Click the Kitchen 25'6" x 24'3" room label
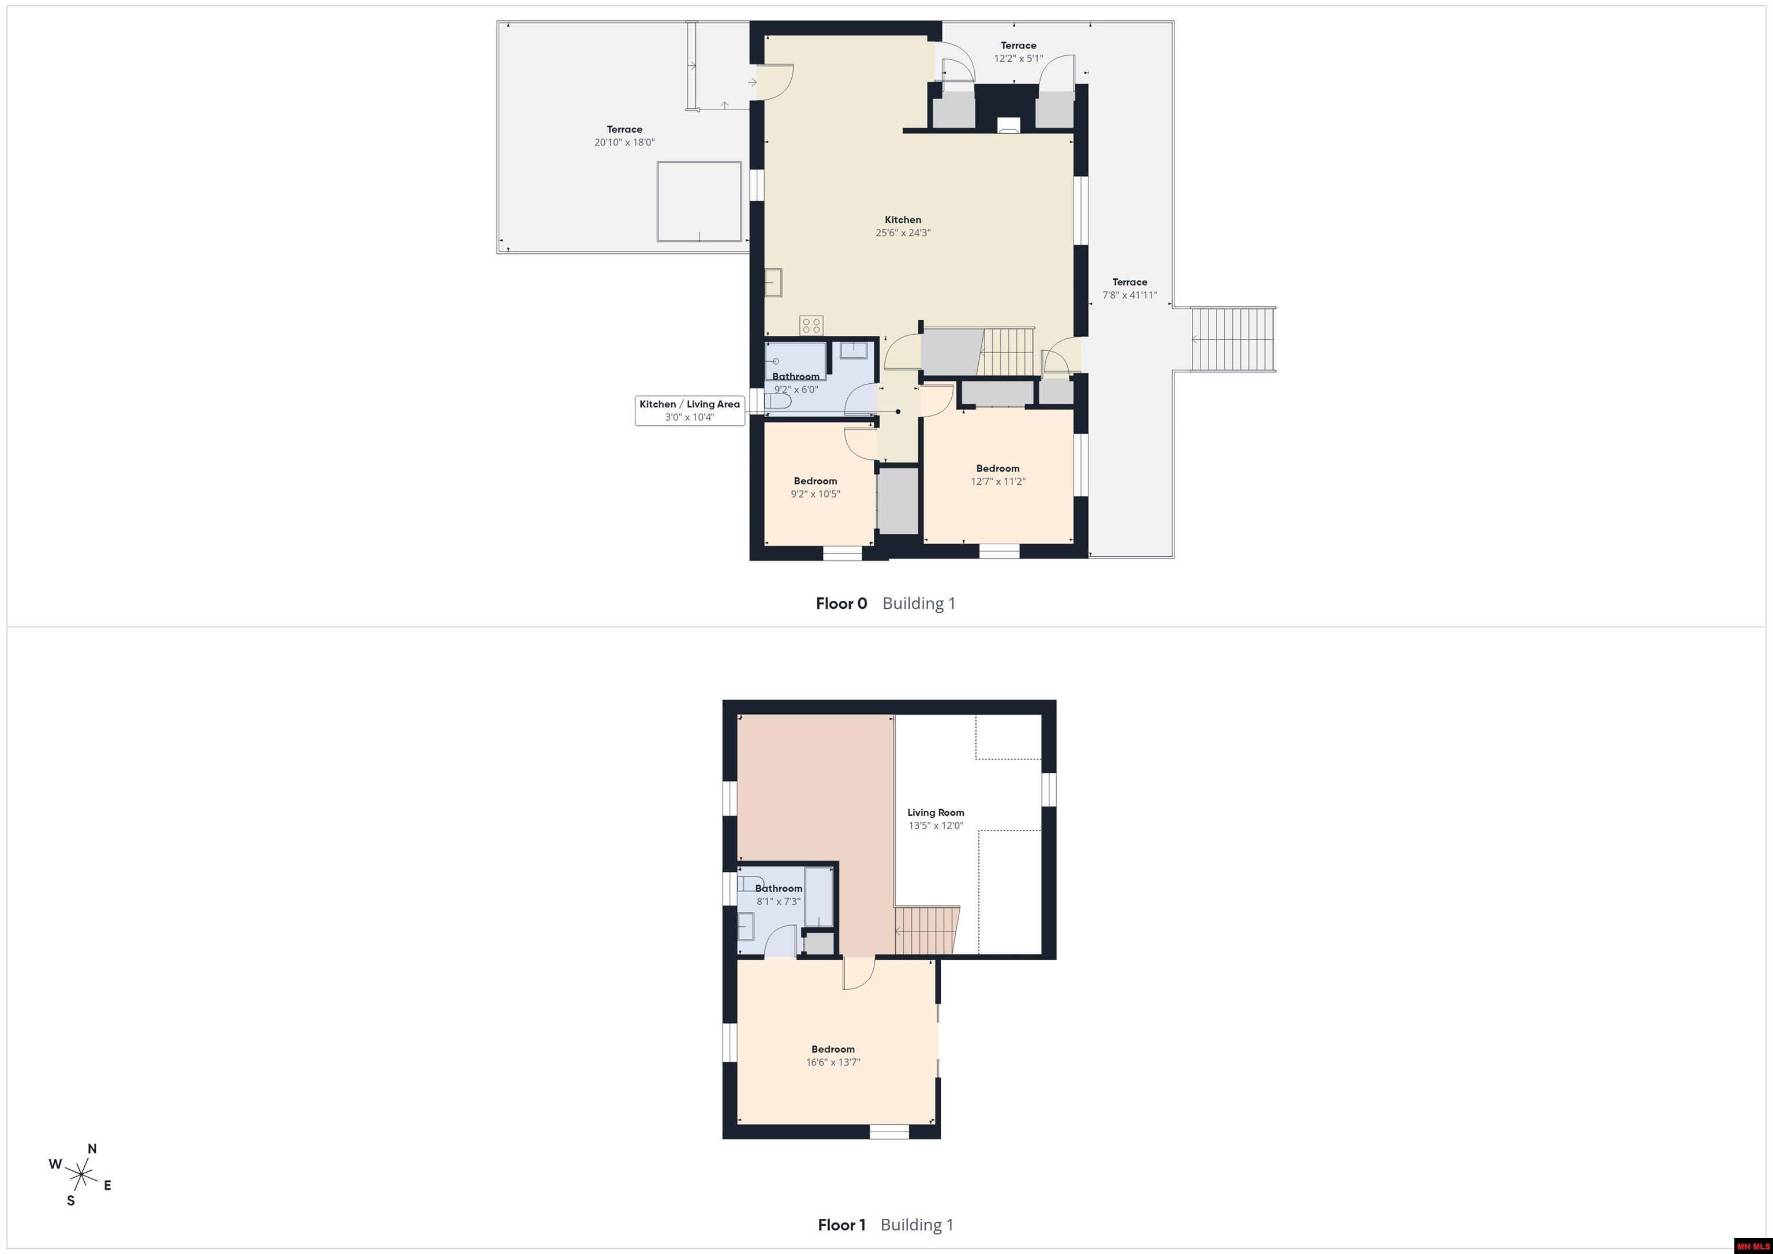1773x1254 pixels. pos(903,226)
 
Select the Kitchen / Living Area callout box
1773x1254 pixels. pos(690,410)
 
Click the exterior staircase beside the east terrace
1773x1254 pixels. pos(1232,340)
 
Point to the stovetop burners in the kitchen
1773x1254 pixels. pos(811,325)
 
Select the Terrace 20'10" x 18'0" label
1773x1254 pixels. pos(624,136)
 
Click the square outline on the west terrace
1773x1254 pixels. pos(700,201)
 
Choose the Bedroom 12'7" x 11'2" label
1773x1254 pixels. pos(998,475)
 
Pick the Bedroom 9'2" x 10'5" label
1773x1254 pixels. pos(816,487)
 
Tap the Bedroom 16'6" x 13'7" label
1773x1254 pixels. pos(833,1055)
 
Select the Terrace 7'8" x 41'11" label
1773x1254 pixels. pos(1129,288)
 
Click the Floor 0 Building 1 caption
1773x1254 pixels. pos(886,604)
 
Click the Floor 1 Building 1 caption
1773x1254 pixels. pos(886,1225)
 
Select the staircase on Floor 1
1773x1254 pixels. pos(927,930)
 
